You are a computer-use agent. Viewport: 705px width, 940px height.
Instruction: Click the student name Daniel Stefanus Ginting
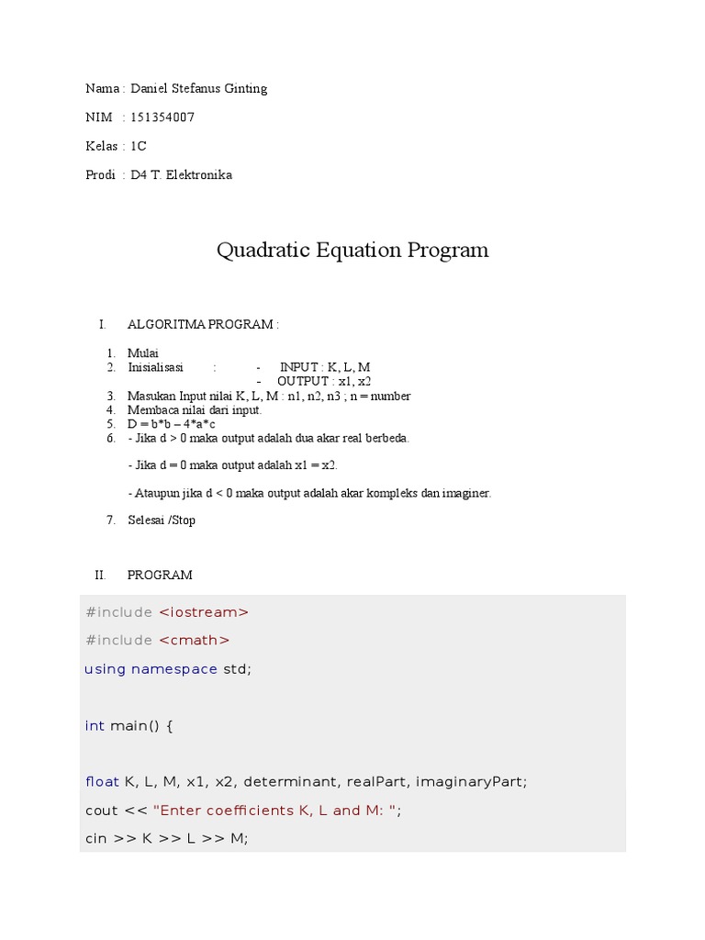(x=198, y=89)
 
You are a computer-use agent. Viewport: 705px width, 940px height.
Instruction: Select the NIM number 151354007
(x=162, y=117)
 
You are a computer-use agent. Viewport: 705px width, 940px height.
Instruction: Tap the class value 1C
(x=139, y=146)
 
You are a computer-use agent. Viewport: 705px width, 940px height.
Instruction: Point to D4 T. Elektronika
(x=181, y=174)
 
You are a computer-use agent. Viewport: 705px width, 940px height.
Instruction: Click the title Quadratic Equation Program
(x=352, y=250)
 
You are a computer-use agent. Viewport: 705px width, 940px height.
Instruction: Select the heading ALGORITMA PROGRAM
(x=202, y=324)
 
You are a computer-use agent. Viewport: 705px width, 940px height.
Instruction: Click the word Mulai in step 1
(x=143, y=352)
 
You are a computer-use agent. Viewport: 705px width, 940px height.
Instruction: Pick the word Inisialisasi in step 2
(x=155, y=367)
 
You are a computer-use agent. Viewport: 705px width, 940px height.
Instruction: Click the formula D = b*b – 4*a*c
(x=172, y=424)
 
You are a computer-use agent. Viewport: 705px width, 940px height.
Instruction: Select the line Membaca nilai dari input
(x=195, y=409)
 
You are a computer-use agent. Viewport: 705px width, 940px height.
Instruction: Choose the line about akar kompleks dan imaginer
(x=309, y=493)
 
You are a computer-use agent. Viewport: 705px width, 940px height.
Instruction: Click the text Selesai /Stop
(x=162, y=520)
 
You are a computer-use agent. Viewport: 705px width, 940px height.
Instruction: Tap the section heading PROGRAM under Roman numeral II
(x=160, y=575)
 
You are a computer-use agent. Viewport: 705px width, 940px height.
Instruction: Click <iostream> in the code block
(x=204, y=612)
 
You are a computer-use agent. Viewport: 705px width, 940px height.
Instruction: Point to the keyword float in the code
(x=102, y=782)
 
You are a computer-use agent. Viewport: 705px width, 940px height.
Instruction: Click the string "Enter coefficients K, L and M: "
(x=275, y=811)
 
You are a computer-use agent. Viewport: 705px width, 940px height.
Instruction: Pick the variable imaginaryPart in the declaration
(x=471, y=782)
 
